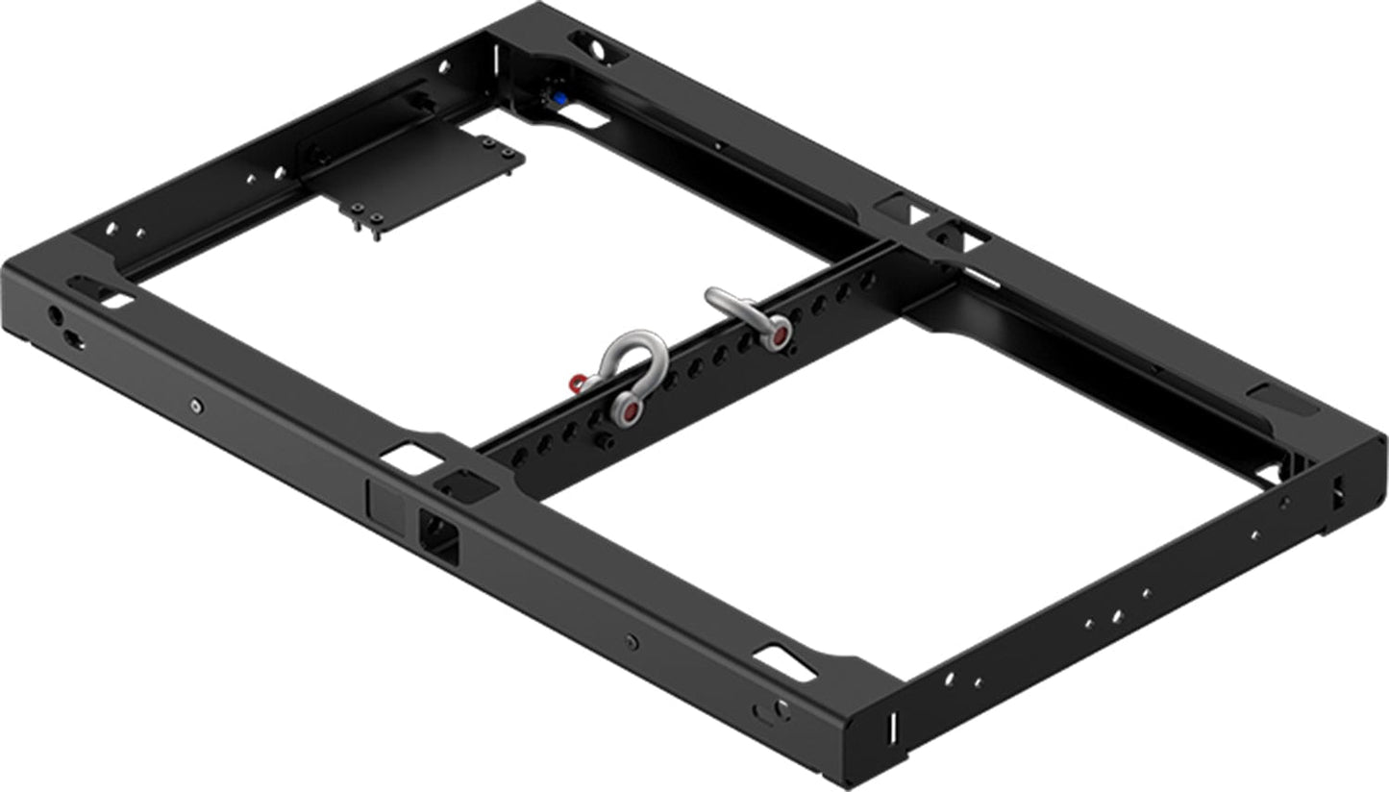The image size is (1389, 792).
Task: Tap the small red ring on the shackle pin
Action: [x=577, y=384]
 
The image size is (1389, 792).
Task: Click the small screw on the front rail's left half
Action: [x=196, y=407]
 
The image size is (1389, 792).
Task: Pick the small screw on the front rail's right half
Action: [x=631, y=641]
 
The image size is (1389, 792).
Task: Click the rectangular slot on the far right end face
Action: [x=1336, y=495]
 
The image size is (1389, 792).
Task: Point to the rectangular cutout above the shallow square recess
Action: [x=412, y=458]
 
